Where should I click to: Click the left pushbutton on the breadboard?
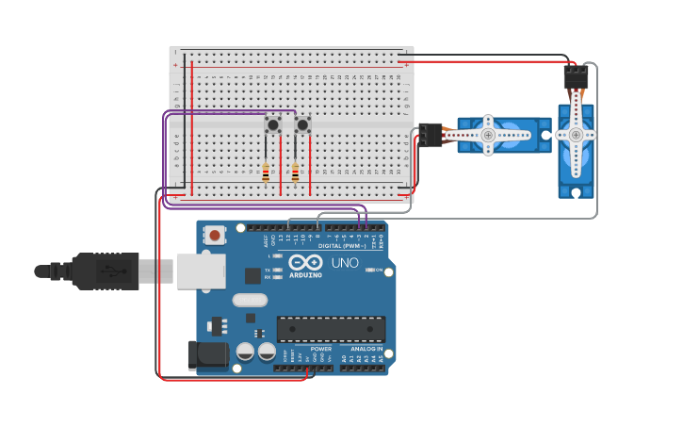[x=273, y=124]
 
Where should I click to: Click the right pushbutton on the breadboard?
[x=302, y=124]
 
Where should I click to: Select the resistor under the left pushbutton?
[x=266, y=172]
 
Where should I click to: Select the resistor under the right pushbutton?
[x=295, y=172]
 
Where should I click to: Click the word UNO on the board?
[x=345, y=263]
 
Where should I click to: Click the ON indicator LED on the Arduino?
[x=367, y=271]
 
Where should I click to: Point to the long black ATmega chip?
[x=331, y=328]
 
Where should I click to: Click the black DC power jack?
[x=207, y=354]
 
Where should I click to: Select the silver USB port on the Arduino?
[x=201, y=271]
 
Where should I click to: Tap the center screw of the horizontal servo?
[x=488, y=136]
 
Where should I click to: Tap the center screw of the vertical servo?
[x=576, y=135]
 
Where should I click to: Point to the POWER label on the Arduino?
[x=320, y=348]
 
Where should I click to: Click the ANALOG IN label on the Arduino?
[x=367, y=348]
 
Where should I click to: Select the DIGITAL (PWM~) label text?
[x=341, y=246]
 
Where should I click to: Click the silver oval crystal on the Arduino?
[x=249, y=301]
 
